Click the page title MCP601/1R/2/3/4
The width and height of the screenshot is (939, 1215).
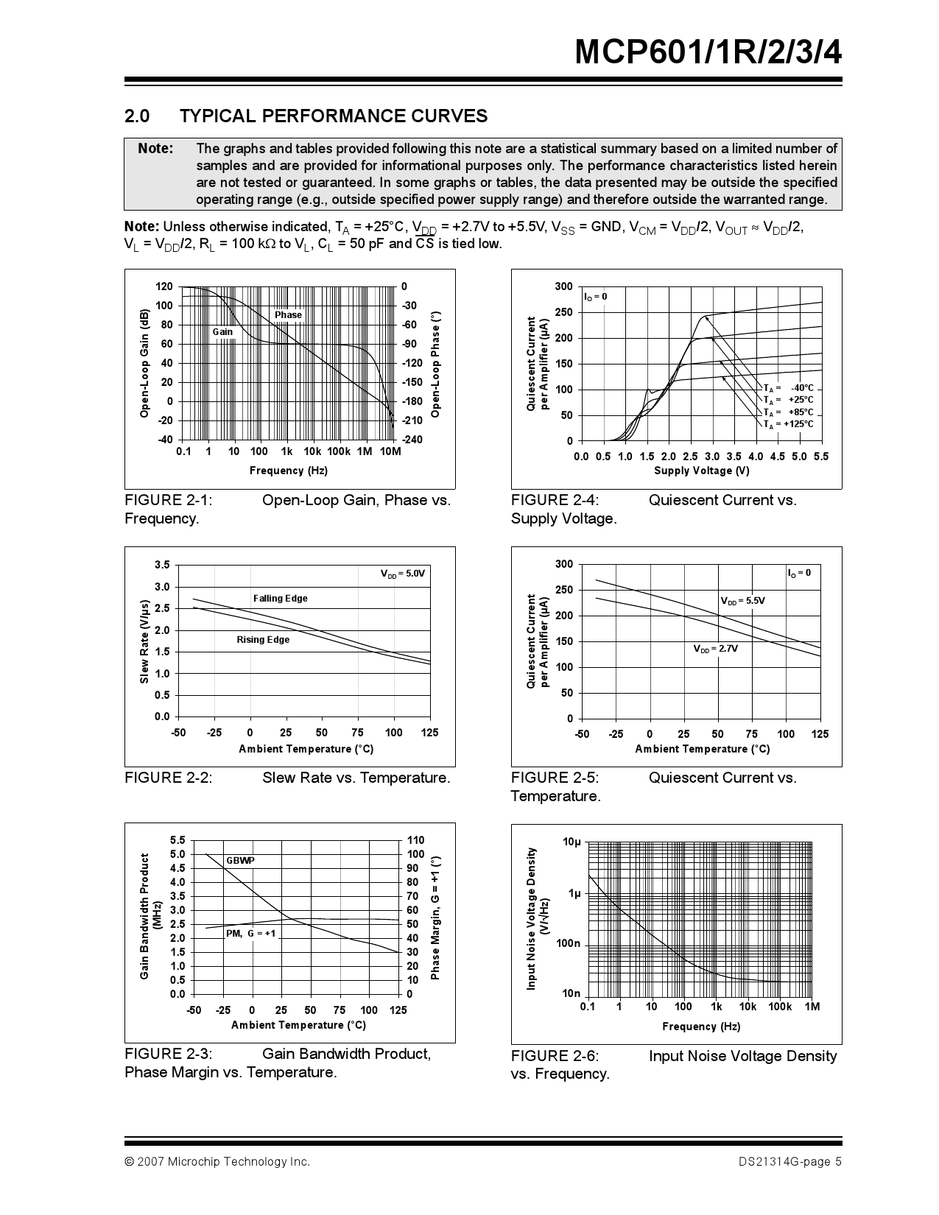[707, 53]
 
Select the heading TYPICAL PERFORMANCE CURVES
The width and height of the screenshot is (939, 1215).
[333, 116]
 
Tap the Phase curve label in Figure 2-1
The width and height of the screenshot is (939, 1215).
[288, 315]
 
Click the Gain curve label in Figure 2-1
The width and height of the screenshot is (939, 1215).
[222, 332]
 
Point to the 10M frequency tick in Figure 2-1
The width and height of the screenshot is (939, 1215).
[390, 451]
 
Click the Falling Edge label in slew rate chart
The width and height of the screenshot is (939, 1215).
[280, 599]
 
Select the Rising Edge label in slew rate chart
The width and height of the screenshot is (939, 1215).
[263, 640]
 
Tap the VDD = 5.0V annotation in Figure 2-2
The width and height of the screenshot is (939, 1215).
[402, 574]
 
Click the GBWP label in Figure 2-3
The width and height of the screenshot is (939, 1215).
[240, 861]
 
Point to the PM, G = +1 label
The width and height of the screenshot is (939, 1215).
[250, 934]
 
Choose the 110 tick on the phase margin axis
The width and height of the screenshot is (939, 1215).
[415, 840]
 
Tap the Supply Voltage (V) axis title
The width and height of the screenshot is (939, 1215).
[701, 471]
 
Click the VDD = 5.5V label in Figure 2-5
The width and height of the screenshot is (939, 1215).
[742, 601]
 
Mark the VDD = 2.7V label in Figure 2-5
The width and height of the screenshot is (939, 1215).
[715, 649]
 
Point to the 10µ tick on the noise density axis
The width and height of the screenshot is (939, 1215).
[572, 842]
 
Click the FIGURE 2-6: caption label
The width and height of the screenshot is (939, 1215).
[555, 1057]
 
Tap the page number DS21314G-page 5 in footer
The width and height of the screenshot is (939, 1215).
[789, 1162]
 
